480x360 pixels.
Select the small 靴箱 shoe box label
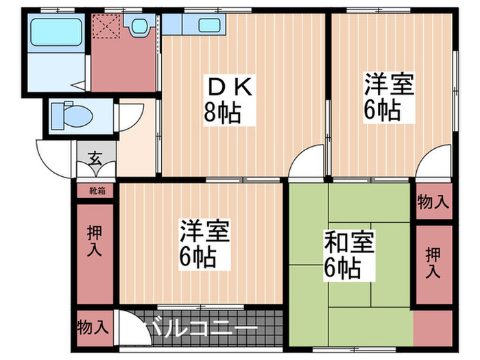(x=95, y=190)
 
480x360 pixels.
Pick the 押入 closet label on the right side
(x=433, y=263)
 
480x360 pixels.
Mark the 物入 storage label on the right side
(x=433, y=202)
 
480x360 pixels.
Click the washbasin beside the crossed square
(x=141, y=27)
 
